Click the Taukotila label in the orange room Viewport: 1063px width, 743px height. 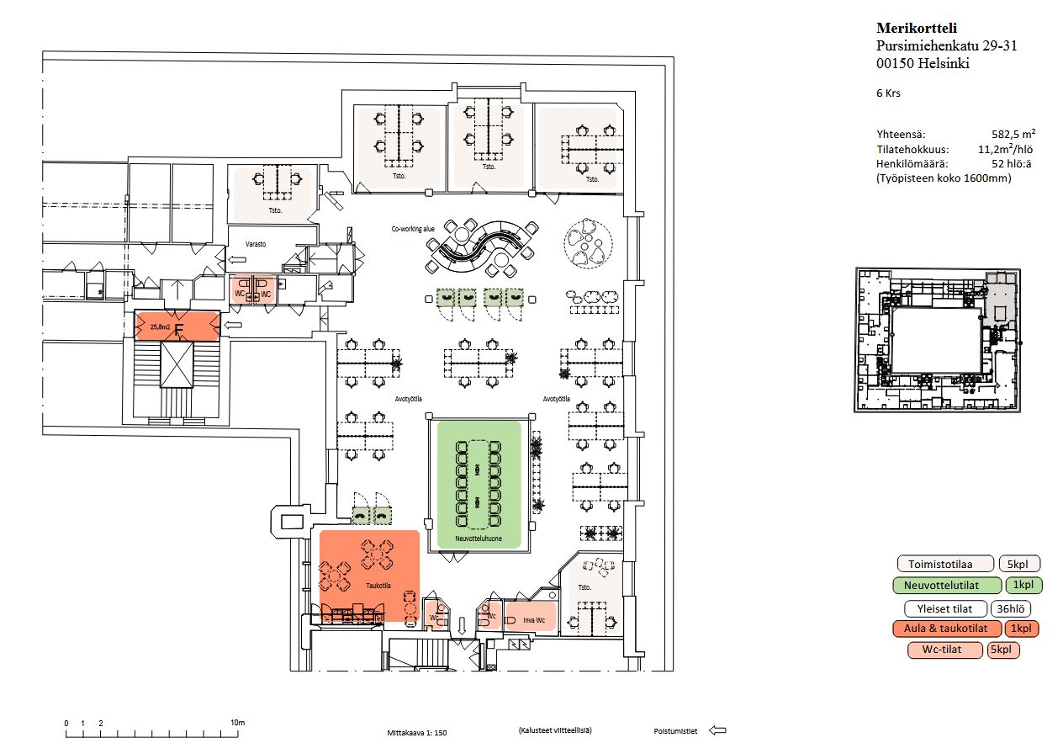click(x=378, y=586)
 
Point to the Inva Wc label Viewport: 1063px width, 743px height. click(x=535, y=620)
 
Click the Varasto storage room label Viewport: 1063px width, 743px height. click(x=256, y=243)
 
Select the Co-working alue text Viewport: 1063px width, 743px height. click(x=413, y=229)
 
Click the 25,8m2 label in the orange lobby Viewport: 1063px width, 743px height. click(x=160, y=325)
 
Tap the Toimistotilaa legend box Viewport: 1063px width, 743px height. click(x=944, y=564)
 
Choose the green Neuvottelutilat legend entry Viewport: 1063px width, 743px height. click(x=946, y=586)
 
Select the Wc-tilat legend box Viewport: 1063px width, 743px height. click(x=945, y=650)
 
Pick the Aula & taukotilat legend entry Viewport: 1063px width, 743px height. click(x=946, y=629)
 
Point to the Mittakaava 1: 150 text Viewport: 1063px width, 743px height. click(x=417, y=733)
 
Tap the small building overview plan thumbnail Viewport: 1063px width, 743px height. click(x=938, y=340)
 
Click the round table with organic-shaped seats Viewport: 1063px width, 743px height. click(x=585, y=242)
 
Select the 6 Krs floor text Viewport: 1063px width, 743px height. click(x=888, y=93)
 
